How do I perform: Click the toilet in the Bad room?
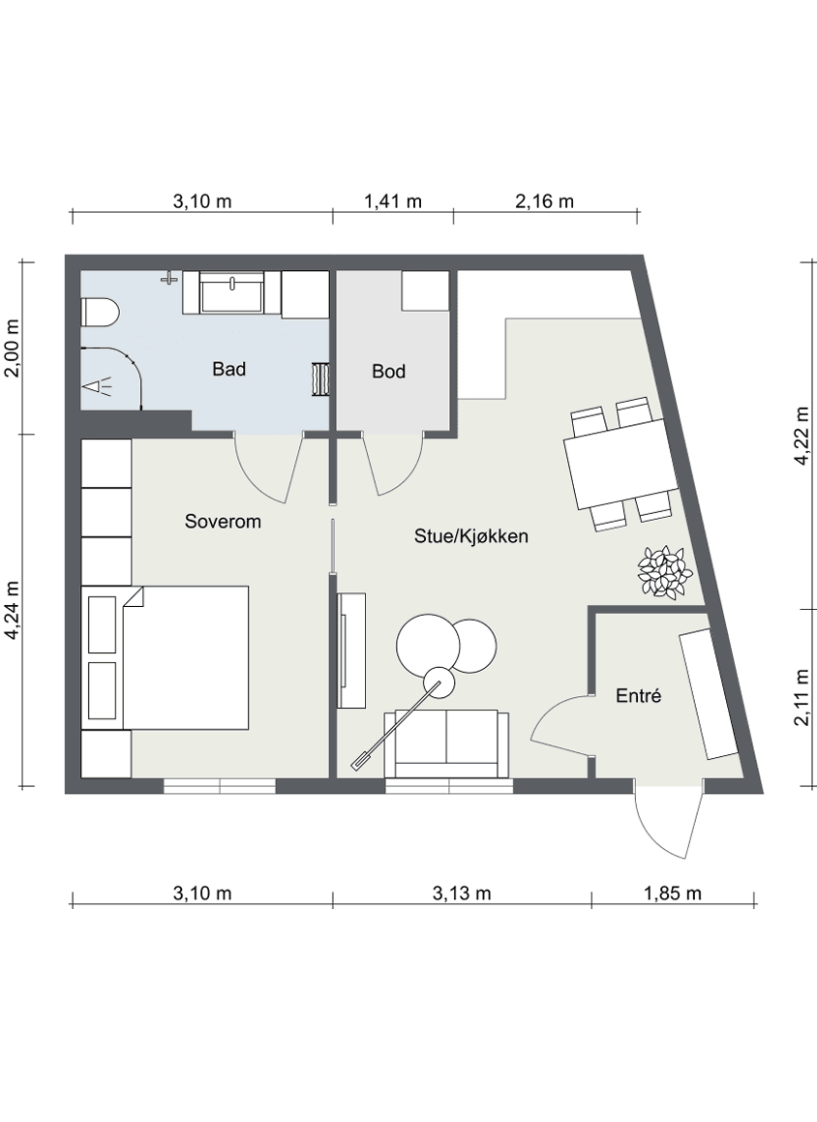(100, 313)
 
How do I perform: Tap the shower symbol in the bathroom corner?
(99, 387)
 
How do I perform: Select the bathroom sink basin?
(231, 292)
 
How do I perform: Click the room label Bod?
(388, 372)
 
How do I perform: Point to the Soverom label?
(223, 521)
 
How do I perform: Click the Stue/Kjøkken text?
(470, 536)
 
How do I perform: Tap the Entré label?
(638, 695)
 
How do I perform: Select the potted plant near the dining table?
(665, 571)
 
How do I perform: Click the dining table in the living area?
(620, 465)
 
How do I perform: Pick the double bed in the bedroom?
(166, 657)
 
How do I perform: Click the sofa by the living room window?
(447, 744)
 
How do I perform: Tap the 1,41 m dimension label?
(393, 201)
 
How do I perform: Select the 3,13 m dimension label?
(462, 893)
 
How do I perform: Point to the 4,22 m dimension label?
(802, 436)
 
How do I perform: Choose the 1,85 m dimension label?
(673, 893)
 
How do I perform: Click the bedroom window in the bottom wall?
(220, 786)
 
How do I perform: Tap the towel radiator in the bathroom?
(319, 379)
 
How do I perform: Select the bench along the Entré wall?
(709, 694)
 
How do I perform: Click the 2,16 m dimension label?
(544, 201)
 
